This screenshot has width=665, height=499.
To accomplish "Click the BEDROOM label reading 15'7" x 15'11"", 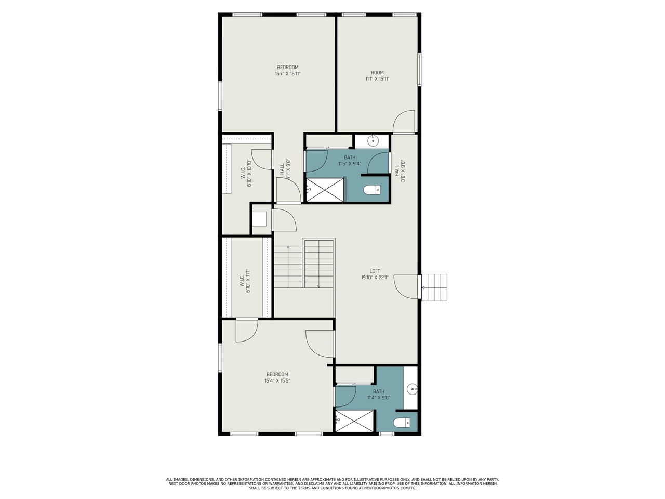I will click(287, 71).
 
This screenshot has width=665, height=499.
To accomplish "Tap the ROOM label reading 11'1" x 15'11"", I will click(377, 76).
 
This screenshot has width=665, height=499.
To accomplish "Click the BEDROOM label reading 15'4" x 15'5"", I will click(277, 377).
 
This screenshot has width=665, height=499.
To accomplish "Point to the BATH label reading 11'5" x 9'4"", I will click(350, 160).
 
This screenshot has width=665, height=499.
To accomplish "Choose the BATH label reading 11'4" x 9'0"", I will click(378, 395).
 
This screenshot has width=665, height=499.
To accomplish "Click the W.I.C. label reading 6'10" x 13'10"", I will click(246, 173).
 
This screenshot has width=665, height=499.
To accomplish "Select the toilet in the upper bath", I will click(371, 190).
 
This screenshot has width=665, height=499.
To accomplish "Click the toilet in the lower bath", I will click(402, 423).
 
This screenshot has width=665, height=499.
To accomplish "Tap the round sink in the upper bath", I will click(373, 140).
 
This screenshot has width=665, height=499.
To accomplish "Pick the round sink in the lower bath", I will click(412, 388).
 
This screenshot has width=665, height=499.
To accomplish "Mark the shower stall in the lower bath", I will click(355, 421).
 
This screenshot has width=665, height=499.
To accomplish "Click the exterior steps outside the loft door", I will click(434, 287).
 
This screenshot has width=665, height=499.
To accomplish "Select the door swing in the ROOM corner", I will click(404, 122).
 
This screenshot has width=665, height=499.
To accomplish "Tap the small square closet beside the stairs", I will click(259, 219).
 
